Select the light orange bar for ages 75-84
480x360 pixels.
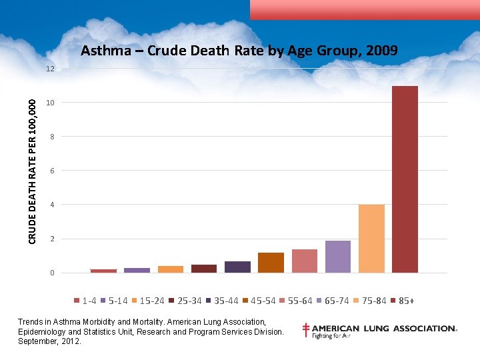(x=371, y=238)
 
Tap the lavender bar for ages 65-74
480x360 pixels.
(x=338, y=256)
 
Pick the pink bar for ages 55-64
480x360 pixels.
(x=305, y=261)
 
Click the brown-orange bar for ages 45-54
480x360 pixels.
(x=271, y=263)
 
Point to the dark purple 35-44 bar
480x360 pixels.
(x=237, y=267)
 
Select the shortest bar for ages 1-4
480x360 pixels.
(x=103, y=271)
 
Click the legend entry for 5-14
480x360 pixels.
(x=114, y=301)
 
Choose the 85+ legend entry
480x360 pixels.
(x=402, y=301)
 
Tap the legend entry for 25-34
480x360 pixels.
(x=185, y=301)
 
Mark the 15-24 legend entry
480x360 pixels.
(x=147, y=301)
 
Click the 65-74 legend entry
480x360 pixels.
(x=332, y=301)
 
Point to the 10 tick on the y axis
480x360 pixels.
(x=50, y=103)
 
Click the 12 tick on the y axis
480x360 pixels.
(x=50, y=69)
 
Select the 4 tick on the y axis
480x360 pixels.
(x=50, y=205)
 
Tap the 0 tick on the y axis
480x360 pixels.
(x=50, y=273)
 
